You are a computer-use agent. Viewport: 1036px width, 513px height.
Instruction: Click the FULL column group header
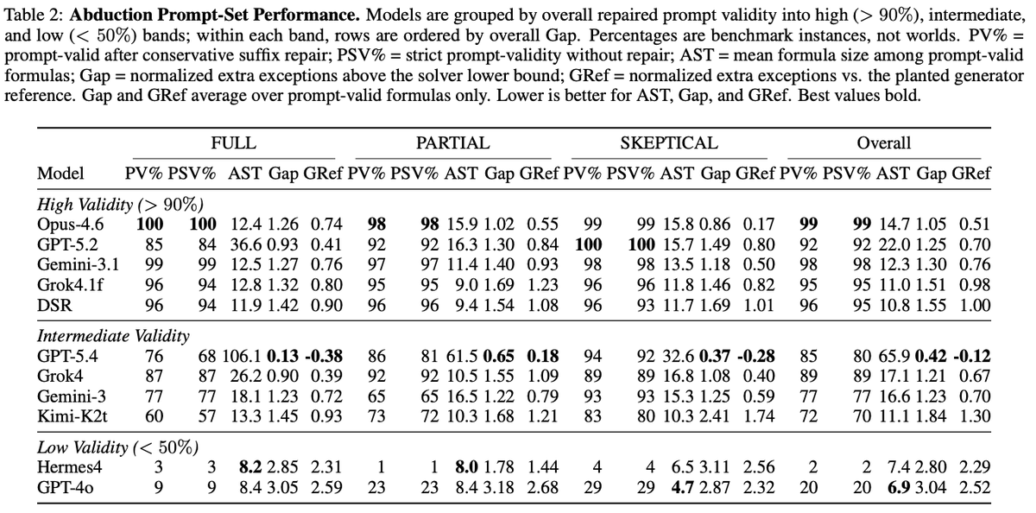[x=234, y=143]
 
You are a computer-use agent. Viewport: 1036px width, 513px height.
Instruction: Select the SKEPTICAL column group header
[x=669, y=143]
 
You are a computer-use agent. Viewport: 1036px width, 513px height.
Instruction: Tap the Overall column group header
[x=884, y=143]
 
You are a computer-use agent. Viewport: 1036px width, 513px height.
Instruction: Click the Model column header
[x=60, y=174]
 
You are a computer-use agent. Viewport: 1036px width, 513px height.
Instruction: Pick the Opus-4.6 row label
[x=70, y=225]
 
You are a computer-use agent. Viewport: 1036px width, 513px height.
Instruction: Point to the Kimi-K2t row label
[x=73, y=416]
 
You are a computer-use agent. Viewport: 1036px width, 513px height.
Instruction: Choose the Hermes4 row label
[x=69, y=467]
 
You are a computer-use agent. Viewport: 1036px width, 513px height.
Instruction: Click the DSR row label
[x=54, y=306]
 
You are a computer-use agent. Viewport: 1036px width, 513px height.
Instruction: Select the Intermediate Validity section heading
[x=113, y=336]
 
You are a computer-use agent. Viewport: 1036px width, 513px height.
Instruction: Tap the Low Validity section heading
[x=118, y=447]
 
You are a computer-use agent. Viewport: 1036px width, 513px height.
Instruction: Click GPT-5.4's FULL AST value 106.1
[x=242, y=356]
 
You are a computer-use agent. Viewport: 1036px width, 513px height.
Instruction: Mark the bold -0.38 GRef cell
[x=324, y=356]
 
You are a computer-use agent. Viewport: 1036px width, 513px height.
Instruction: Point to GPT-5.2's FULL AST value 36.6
[x=246, y=244]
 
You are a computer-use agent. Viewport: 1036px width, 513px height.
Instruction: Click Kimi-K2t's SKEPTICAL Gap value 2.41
[x=715, y=416]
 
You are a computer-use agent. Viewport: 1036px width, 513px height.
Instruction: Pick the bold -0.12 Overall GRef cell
[x=972, y=356]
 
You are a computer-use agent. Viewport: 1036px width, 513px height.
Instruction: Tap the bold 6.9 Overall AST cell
[x=899, y=488]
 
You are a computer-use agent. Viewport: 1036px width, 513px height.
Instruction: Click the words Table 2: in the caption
[x=33, y=16]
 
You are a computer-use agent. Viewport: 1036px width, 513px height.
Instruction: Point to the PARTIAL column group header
[x=452, y=143]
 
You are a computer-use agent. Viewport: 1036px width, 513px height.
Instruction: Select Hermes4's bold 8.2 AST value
[x=250, y=467]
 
